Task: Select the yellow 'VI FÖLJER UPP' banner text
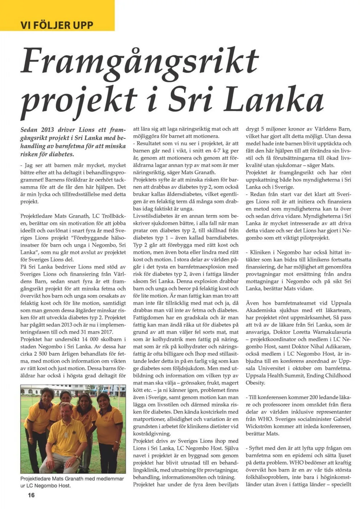[x=57, y=25]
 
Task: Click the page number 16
[x=31, y=495]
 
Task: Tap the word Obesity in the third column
[x=255, y=383]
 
